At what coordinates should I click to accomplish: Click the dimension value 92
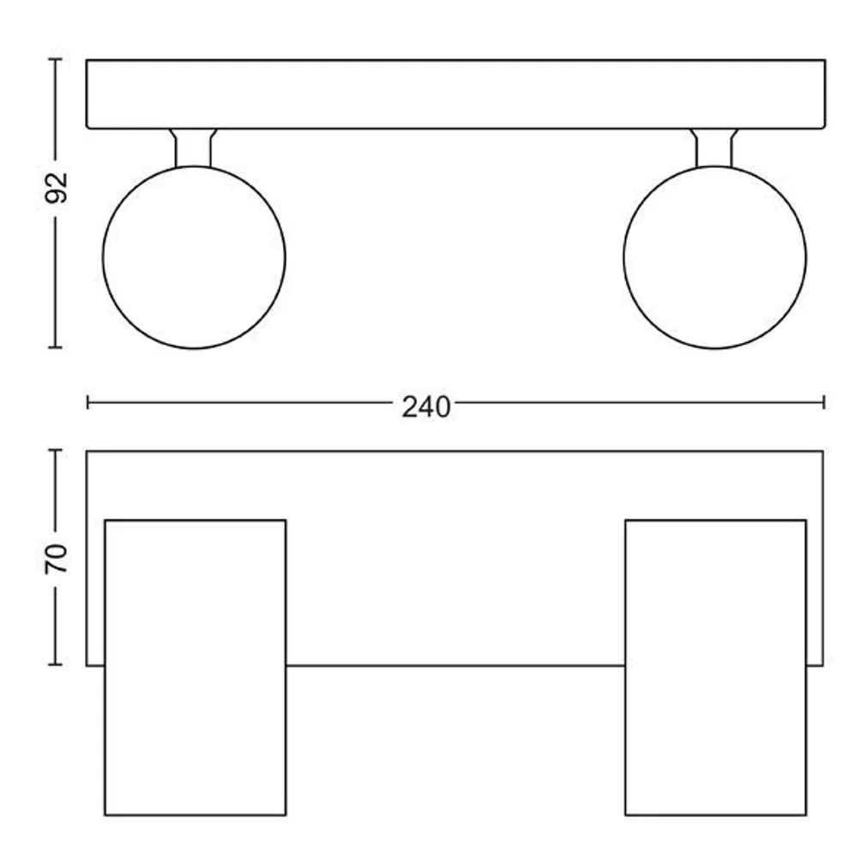coord(56,188)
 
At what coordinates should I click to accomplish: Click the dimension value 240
coord(426,406)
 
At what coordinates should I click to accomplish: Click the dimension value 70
coord(56,559)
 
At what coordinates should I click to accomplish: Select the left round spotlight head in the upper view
coord(194,257)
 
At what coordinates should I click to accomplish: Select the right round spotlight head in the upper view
coord(714,257)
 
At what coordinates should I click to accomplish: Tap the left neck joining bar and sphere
coord(193,147)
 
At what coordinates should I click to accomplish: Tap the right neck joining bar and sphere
coord(714,147)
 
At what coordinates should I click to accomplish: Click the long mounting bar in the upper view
coord(455,94)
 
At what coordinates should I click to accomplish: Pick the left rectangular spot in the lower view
coord(195,667)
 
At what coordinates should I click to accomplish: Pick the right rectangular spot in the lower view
coord(715,667)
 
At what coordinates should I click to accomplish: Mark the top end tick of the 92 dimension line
coord(56,59)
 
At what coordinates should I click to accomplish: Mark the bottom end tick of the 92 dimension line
coord(56,347)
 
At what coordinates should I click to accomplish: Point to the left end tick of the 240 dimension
coord(88,401)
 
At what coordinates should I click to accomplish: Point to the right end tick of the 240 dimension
coord(823,401)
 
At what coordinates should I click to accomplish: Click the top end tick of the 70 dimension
coord(56,450)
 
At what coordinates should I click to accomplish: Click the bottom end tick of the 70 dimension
coord(56,665)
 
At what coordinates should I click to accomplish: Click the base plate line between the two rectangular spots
coord(455,665)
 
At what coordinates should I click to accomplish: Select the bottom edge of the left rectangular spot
coord(195,815)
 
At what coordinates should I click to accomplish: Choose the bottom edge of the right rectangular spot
coord(715,815)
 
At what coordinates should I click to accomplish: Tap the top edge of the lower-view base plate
coord(455,451)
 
